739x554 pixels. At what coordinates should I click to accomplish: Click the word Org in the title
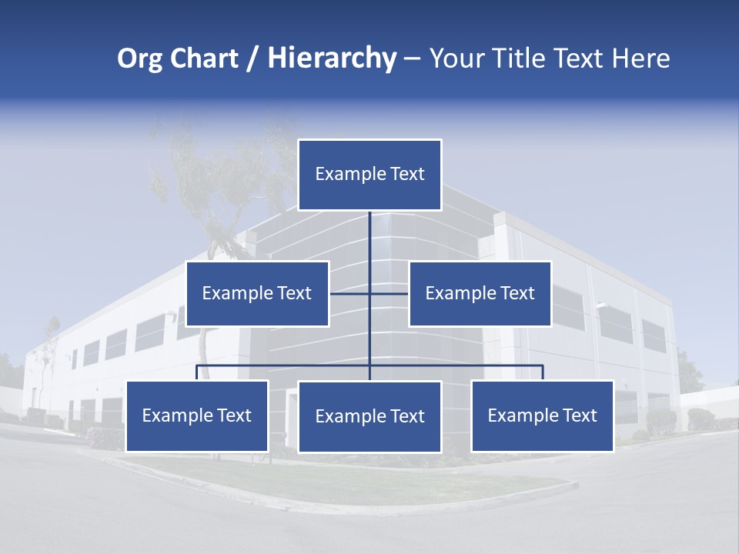coord(139,58)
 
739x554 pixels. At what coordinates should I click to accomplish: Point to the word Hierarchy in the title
coord(331,58)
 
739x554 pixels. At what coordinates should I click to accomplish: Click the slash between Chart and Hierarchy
coord(252,58)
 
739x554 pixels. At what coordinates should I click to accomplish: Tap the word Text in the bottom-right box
coord(578,415)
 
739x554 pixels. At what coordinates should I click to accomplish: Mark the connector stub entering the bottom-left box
coord(197,372)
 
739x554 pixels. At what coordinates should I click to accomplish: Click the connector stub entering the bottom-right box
coord(542,372)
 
